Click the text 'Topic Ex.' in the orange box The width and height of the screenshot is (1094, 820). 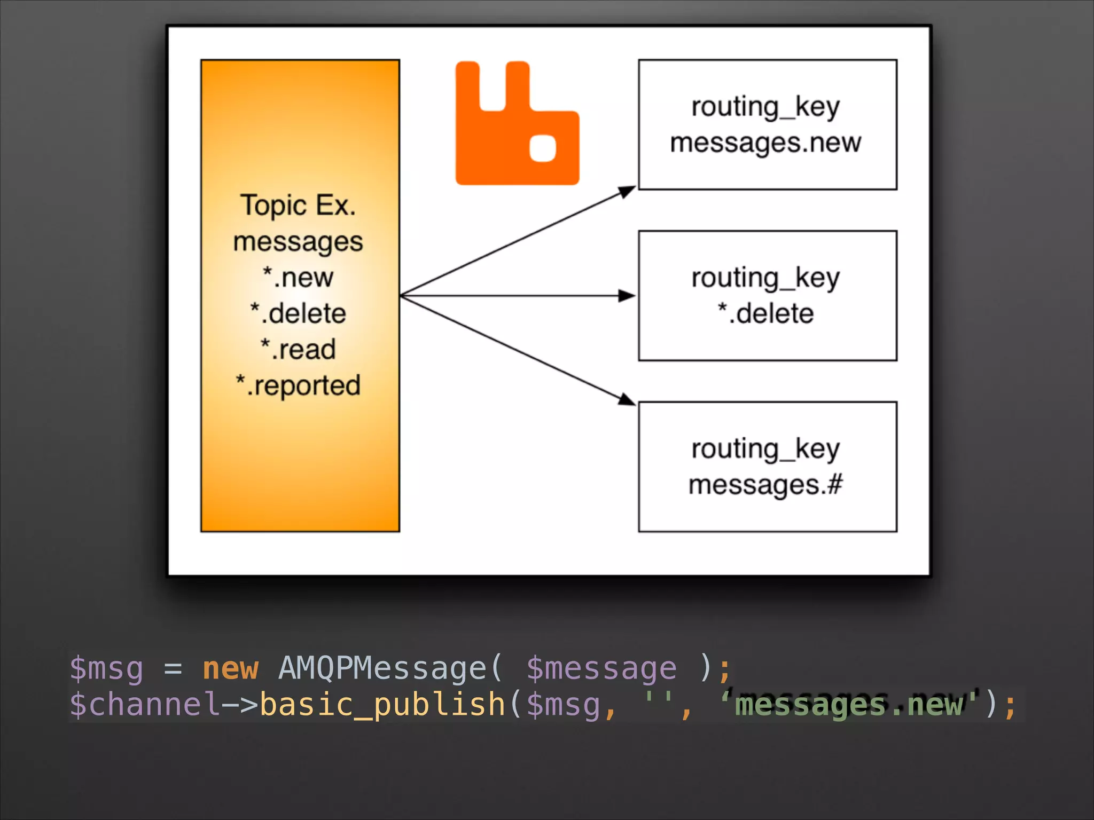[298, 206]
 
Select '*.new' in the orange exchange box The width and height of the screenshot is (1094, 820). [298, 278]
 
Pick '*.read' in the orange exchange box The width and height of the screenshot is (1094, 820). [298, 350]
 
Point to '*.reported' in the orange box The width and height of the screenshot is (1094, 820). [298, 385]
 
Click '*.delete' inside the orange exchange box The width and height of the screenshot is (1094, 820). [298, 313]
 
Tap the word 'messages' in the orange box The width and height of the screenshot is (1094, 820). [298, 242]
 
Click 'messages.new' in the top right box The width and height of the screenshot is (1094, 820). [765, 143]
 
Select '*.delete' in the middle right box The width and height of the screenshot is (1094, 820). [765, 313]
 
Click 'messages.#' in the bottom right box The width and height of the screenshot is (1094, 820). [765, 485]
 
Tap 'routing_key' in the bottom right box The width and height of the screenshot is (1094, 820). [765, 449]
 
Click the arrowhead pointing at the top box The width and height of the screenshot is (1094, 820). [627, 191]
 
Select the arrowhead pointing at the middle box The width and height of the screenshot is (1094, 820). [627, 296]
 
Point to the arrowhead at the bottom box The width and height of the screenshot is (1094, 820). [627, 399]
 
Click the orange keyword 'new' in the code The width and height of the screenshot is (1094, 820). [230, 668]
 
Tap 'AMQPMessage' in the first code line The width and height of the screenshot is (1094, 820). [382, 668]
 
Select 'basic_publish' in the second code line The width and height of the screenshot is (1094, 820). [382, 705]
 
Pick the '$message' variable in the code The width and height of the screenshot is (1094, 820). [601, 668]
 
